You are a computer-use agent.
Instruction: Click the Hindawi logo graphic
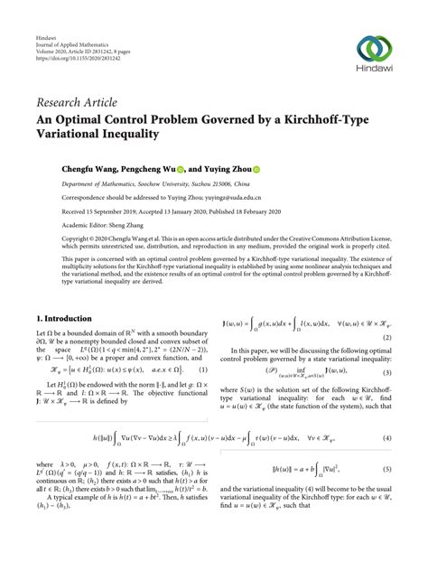[375, 46]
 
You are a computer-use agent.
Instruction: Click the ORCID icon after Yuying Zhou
[281, 169]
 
